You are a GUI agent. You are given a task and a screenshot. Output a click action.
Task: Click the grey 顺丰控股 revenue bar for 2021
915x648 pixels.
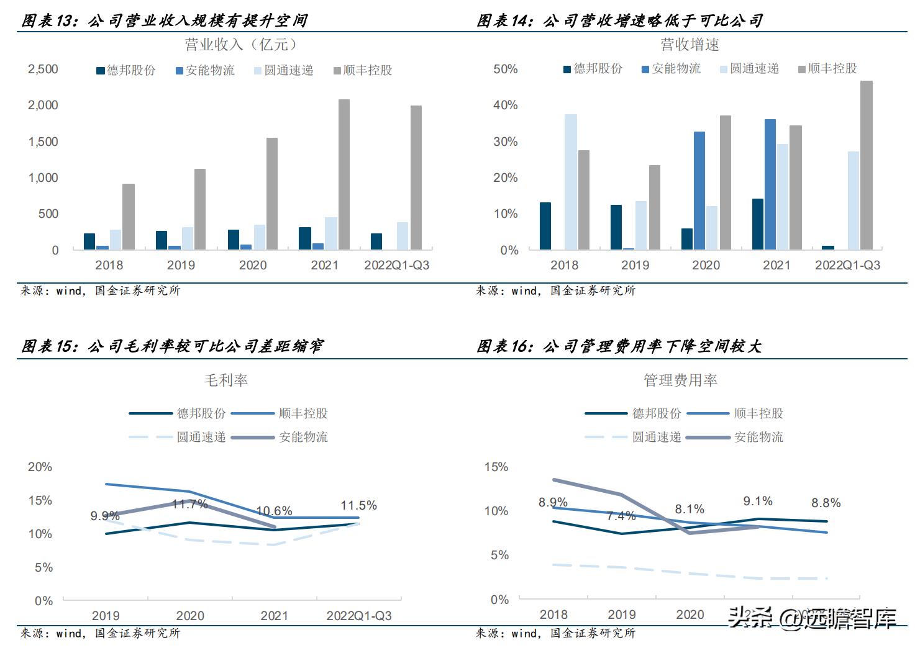[344, 174]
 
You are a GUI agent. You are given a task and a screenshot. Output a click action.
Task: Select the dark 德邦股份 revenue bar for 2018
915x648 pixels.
[89, 241]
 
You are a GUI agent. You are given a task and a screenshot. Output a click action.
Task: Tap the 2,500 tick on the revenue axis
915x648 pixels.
[43, 69]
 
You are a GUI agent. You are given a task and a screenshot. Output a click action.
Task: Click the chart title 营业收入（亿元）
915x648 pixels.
[241, 45]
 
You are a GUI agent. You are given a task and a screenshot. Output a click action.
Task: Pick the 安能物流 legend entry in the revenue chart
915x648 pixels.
[206, 70]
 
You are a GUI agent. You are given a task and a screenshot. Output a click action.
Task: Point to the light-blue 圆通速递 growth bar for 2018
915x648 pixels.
[570, 182]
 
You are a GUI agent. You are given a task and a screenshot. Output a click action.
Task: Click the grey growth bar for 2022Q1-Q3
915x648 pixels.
[866, 165]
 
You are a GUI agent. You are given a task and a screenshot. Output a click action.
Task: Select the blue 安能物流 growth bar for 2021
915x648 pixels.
[770, 184]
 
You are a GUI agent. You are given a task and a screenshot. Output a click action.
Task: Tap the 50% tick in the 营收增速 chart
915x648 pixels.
[505, 69]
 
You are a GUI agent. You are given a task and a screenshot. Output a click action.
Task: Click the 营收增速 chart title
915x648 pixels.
[690, 45]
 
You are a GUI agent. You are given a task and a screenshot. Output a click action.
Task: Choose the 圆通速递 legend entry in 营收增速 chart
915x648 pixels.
[749, 69]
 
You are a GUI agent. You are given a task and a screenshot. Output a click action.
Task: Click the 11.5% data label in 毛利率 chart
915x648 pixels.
[358, 505]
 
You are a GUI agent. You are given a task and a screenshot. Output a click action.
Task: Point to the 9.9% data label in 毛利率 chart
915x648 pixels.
[104, 516]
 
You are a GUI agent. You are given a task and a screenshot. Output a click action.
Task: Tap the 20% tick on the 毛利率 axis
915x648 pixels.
[40, 467]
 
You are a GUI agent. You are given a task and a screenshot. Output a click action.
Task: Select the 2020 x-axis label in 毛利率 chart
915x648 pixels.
[190, 616]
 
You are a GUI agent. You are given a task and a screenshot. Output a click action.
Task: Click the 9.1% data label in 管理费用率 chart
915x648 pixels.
[758, 501]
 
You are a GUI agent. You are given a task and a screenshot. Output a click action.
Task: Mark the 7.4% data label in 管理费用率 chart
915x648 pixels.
[621, 516]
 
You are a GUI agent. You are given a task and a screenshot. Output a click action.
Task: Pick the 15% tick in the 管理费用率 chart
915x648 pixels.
[496, 467]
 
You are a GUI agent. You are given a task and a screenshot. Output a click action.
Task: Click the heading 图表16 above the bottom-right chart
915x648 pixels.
[619, 346]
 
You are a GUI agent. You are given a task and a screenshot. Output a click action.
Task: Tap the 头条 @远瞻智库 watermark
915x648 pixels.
[813, 618]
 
